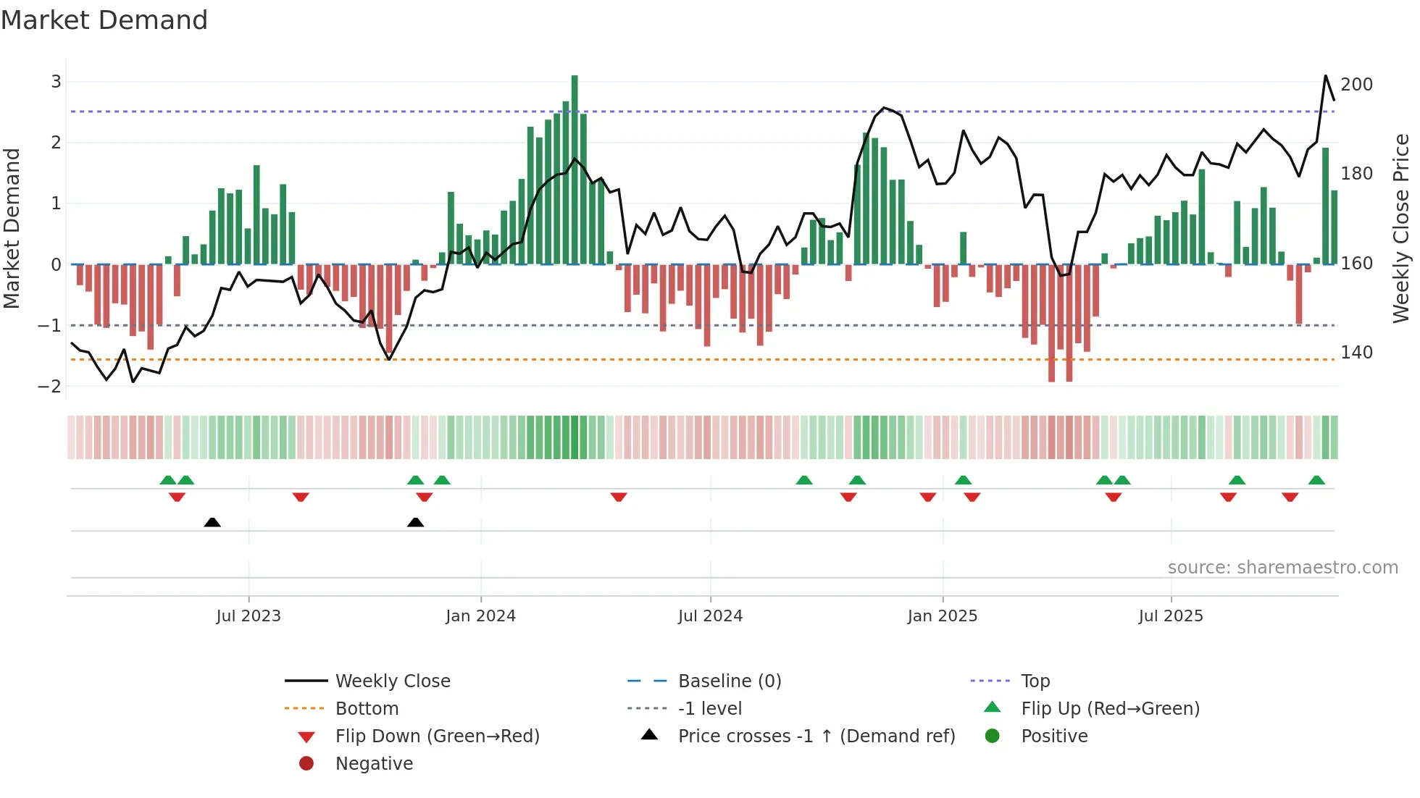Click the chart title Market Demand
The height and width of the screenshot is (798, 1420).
pos(104,20)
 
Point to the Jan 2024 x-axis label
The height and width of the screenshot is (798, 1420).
pos(480,616)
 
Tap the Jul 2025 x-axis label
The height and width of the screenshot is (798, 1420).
pos(1170,616)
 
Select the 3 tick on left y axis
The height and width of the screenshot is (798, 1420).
pos(56,82)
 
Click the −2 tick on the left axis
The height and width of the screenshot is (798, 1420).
pos(49,387)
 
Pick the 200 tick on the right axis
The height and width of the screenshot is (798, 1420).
pos(1356,85)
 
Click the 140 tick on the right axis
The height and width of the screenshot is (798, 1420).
pos(1356,353)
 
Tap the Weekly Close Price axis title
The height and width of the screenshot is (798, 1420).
pos(1401,228)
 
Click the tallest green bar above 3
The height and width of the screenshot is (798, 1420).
pos(575,167)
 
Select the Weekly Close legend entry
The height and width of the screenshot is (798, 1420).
pos(392,681)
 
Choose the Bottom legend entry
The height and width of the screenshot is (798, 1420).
pos(367,709)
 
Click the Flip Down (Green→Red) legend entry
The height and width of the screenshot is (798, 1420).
pos(437,736)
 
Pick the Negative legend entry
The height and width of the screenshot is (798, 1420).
pos(374,764)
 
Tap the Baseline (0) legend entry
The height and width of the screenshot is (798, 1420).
pos(729,681)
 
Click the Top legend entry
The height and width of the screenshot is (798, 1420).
pos(1035,681)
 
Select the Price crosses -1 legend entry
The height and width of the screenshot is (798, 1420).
pos(816,736)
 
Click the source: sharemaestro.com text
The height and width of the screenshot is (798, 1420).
pos(1282,568)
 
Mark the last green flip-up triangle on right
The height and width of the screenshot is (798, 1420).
pos(1316,480)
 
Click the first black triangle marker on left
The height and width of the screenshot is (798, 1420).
pos(212,522)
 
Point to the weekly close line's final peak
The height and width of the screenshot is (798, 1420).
pos(1326,76)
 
